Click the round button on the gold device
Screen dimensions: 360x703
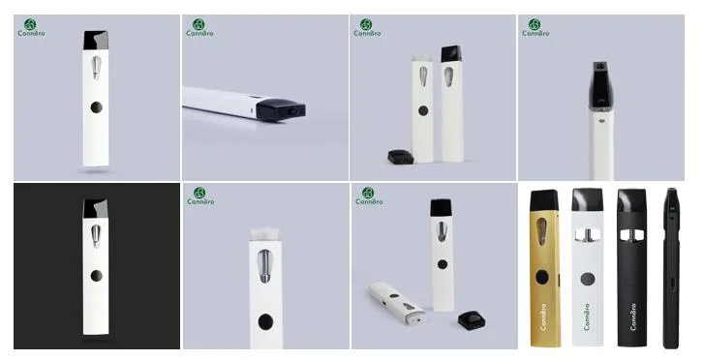(x=541, y=277)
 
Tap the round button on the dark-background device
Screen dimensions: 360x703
(x=95, y=276)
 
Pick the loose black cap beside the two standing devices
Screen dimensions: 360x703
(x=398, y=155)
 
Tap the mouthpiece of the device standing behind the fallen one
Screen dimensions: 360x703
(x=441, y=208)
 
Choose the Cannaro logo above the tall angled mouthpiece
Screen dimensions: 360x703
(x=535, y=27)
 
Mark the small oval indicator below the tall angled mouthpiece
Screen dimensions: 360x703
(x=601, y=123)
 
